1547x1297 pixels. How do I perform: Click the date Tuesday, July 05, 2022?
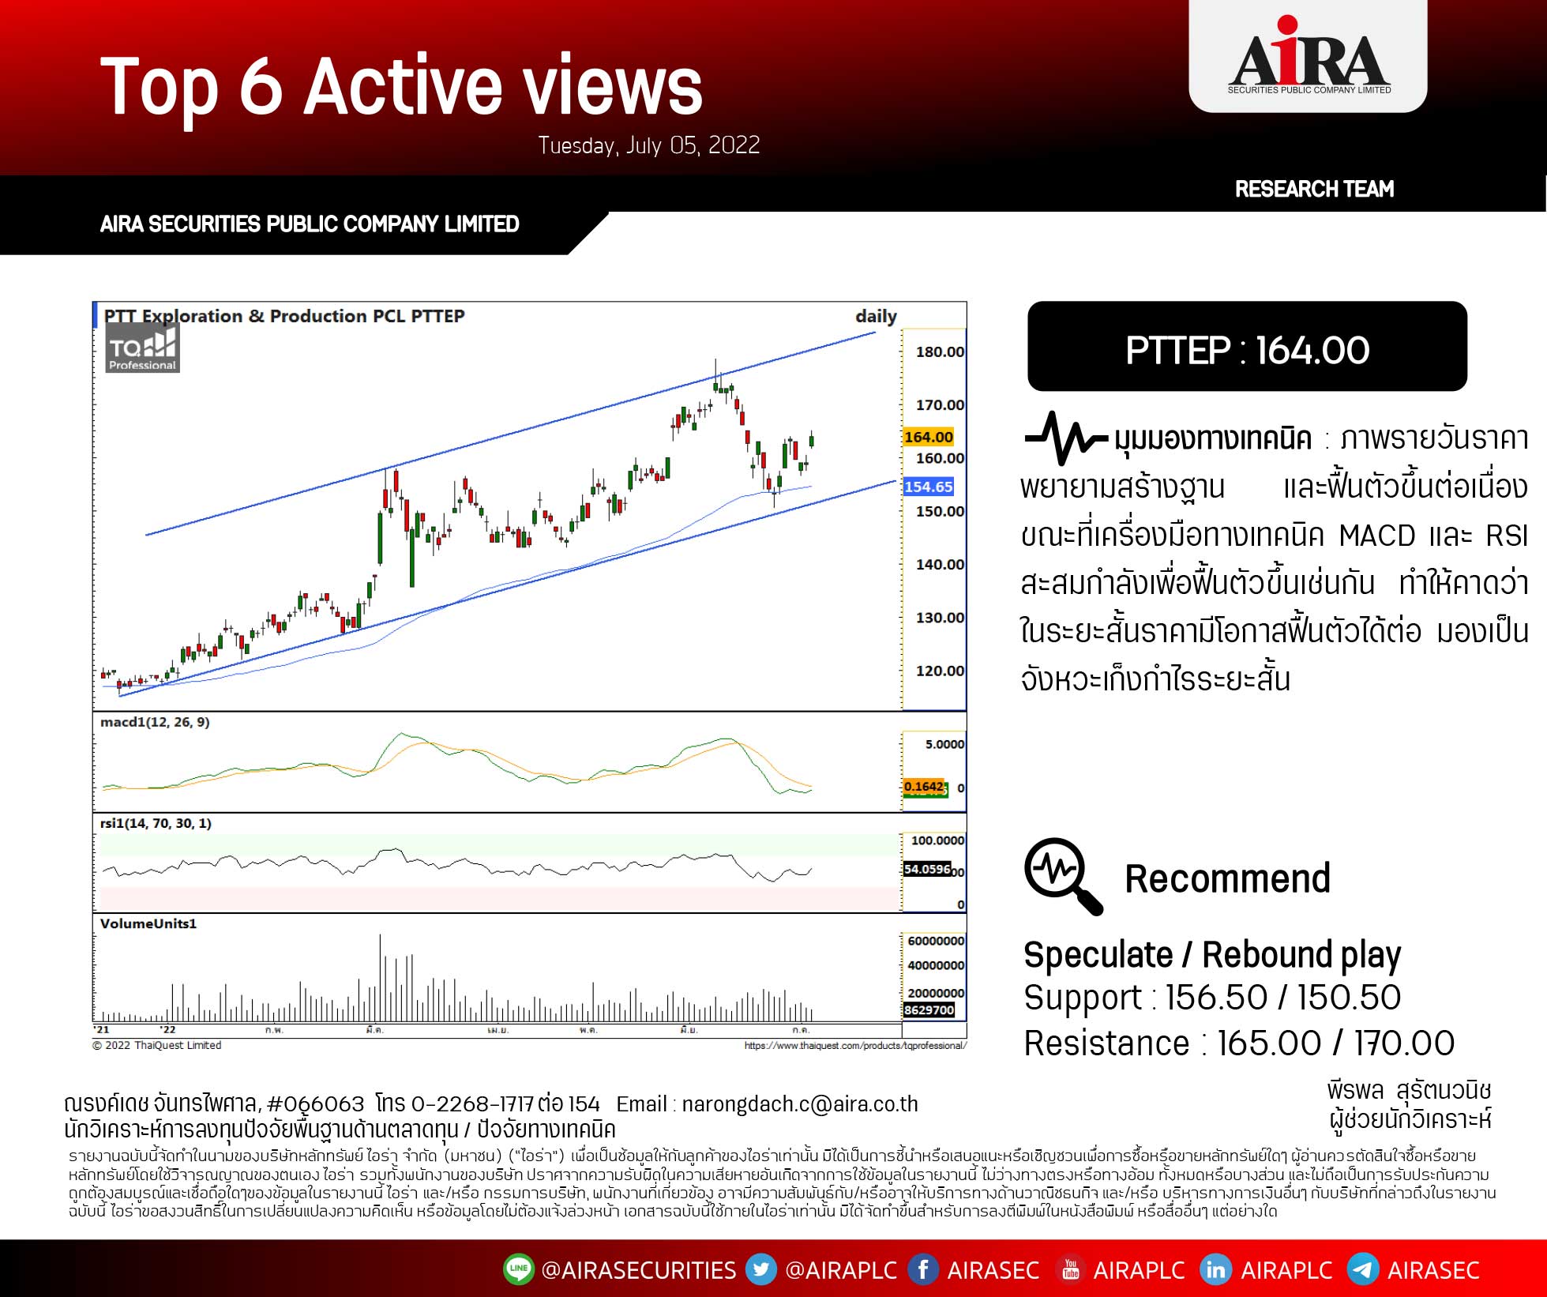click(648, 145)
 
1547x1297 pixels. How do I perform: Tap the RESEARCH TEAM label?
click(1314, 189)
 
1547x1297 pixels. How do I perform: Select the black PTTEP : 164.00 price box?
click(1247, 347)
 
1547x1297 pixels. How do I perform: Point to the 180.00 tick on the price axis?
click(939, 352)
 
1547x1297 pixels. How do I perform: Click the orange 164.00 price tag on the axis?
click(928, 437)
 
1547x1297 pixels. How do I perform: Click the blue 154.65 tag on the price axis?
click(928, 487)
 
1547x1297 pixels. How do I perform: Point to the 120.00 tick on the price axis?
click(939, 671)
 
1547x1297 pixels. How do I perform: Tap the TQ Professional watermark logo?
click(143, 349)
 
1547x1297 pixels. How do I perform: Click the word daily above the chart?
click(876, 316)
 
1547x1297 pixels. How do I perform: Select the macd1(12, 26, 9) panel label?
click(155, 722)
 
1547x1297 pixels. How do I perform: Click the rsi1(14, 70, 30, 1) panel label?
click(156, 823)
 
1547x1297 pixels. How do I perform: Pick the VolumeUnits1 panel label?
click(148, 923)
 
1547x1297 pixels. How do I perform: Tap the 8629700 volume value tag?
click(929, 1010)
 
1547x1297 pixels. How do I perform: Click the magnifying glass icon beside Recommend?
click(1062, 876)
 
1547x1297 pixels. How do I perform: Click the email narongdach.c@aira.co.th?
click(799, 1104)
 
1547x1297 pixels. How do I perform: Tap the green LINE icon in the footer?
click(518, 1269)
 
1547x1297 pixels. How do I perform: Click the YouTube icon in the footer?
click(1070, 1269)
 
